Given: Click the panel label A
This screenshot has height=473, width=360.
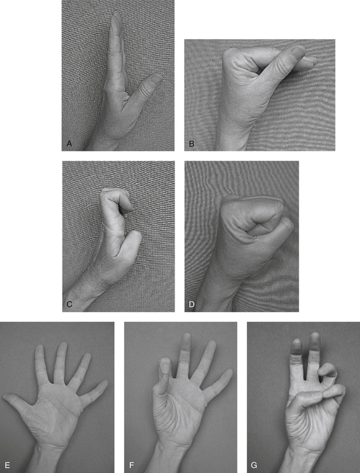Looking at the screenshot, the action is tap(69, 144).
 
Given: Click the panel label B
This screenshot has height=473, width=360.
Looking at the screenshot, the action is tap(192, 144).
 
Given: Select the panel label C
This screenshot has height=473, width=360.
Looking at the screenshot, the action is tap(69, 304).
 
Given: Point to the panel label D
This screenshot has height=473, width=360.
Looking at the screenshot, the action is tap(192, 305).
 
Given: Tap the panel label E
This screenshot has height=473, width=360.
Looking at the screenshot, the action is tap(8, 465).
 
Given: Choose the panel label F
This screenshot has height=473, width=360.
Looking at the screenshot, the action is tap(132, 465).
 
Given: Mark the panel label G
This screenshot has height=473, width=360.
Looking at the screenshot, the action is tap(254, 465).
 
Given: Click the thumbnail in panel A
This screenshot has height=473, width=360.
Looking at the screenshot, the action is tap(156, 78).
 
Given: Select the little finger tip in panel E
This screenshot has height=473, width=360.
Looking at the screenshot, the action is tap(104, 383).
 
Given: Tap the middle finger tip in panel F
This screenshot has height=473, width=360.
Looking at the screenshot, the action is tap(187, 337).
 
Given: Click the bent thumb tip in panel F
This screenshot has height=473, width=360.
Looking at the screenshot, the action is tap(165, 362).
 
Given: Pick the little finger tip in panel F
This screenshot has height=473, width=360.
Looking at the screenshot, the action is tap(228, 373).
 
